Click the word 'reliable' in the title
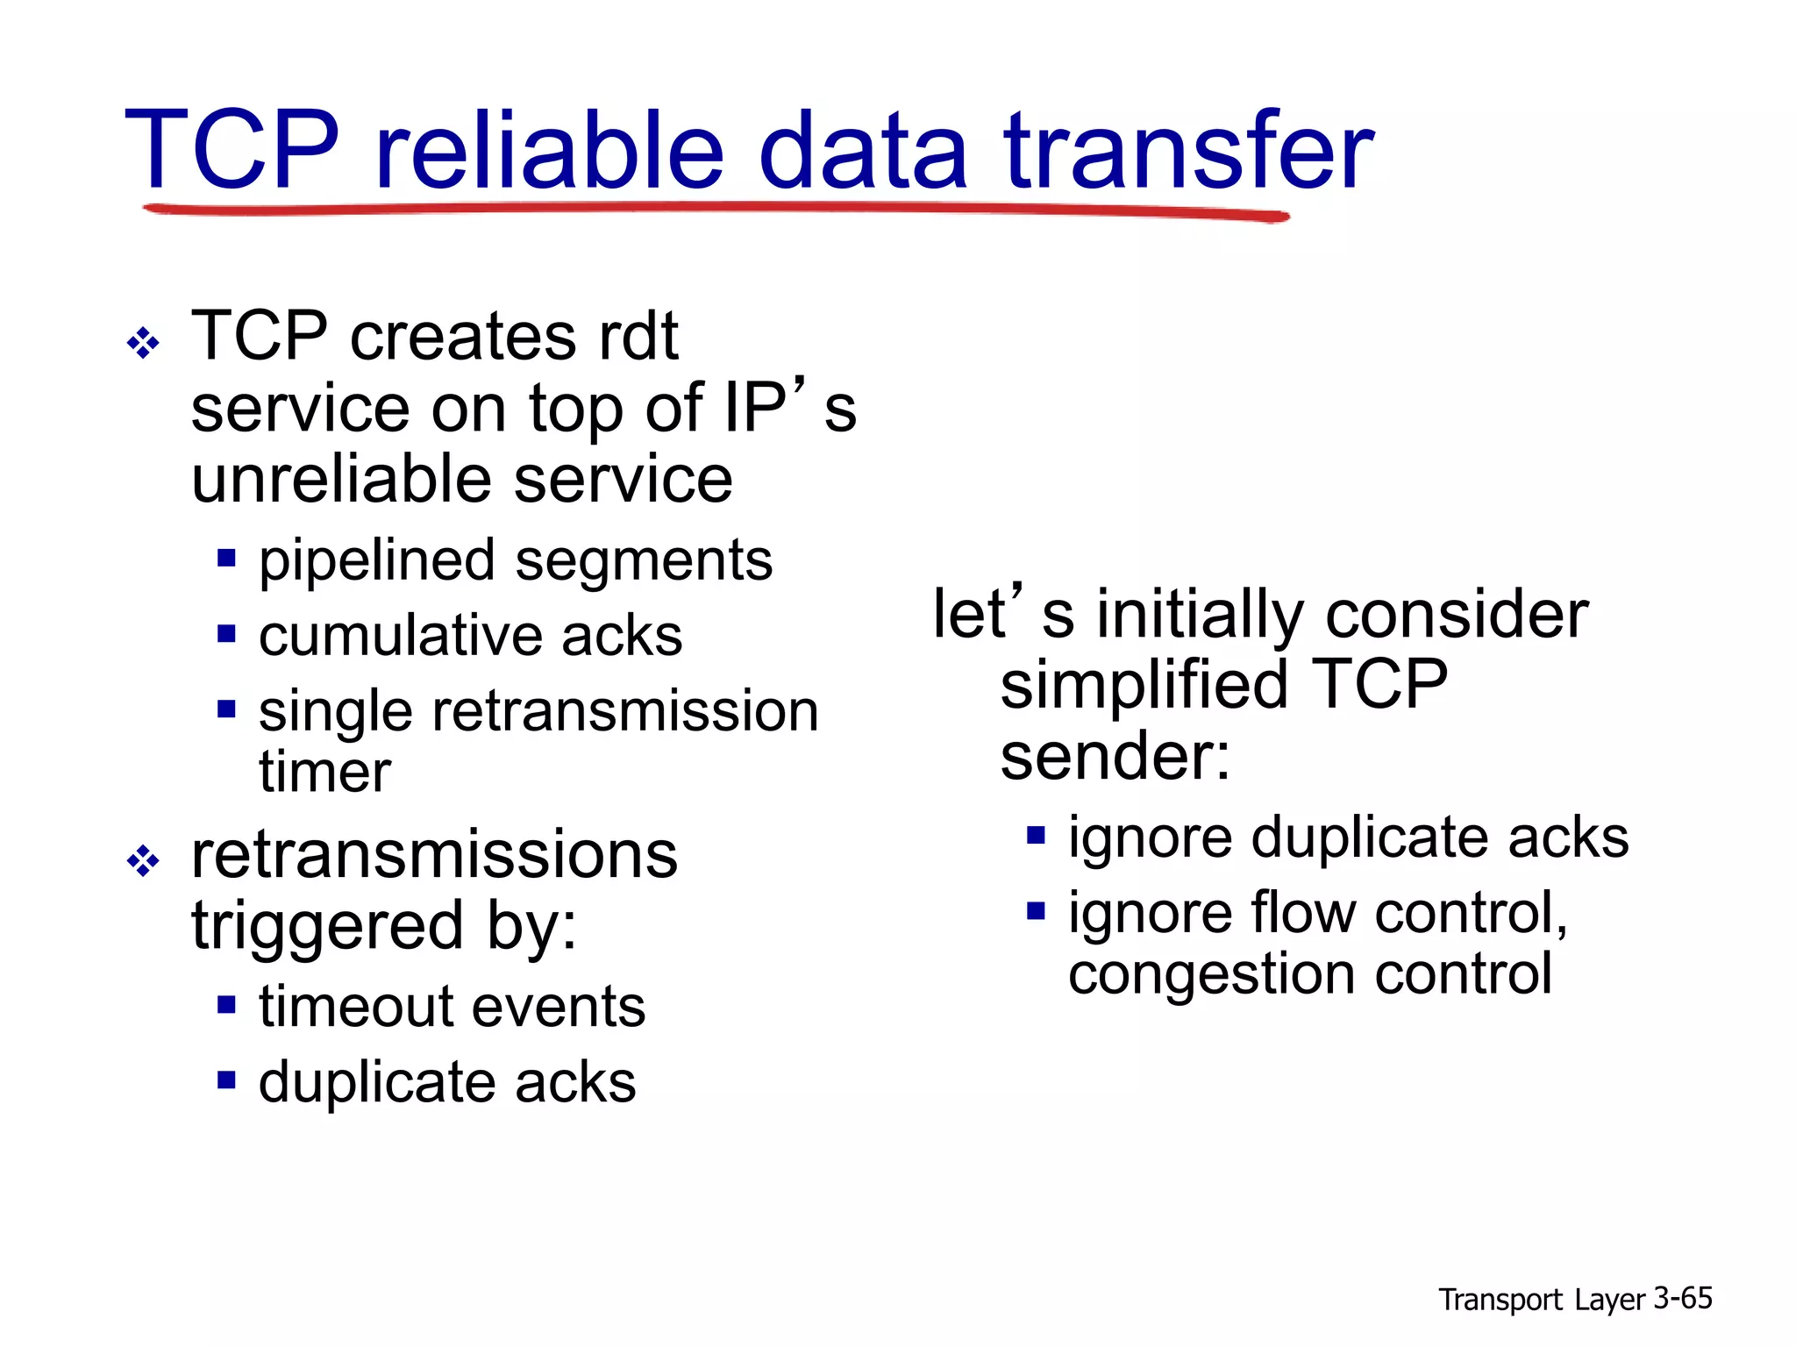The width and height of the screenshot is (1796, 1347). coord(549,151)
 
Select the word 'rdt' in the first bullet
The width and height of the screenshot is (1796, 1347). coord(638,337)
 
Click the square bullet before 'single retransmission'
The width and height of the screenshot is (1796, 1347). coord(227,708)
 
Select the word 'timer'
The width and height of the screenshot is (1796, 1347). coord(324,773)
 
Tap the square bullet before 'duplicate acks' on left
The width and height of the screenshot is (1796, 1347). coord(227,1079)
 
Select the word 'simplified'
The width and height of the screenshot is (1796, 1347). coord(1144,686)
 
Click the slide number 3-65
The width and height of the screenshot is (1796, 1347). coord(1682,1299)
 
